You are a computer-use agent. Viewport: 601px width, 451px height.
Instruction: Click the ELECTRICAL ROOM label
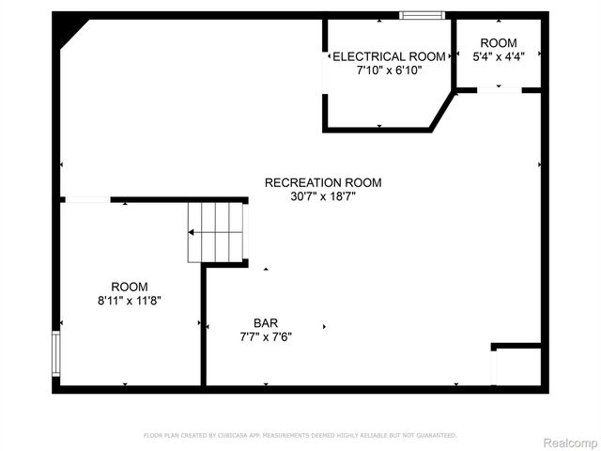(382, 56)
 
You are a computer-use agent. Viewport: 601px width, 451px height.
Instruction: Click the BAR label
(265, 322)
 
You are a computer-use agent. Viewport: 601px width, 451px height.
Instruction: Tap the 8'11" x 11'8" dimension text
(129, 301)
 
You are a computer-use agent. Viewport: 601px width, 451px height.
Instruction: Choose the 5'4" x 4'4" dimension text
(498, 56)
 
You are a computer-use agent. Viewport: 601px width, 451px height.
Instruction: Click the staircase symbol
(216, 231)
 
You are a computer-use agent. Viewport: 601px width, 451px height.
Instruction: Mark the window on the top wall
(422, 15)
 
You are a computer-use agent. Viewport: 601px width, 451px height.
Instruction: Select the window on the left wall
(56, 352)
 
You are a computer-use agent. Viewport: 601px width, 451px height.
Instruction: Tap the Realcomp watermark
(570, 442)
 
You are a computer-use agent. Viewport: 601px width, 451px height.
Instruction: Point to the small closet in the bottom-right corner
(517, 366)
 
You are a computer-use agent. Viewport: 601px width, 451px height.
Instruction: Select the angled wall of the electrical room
(442, 111)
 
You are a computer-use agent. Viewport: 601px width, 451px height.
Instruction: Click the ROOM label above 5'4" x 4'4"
(498, 43)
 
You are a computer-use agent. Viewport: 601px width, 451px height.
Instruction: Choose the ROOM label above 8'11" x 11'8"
(129, 287)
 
